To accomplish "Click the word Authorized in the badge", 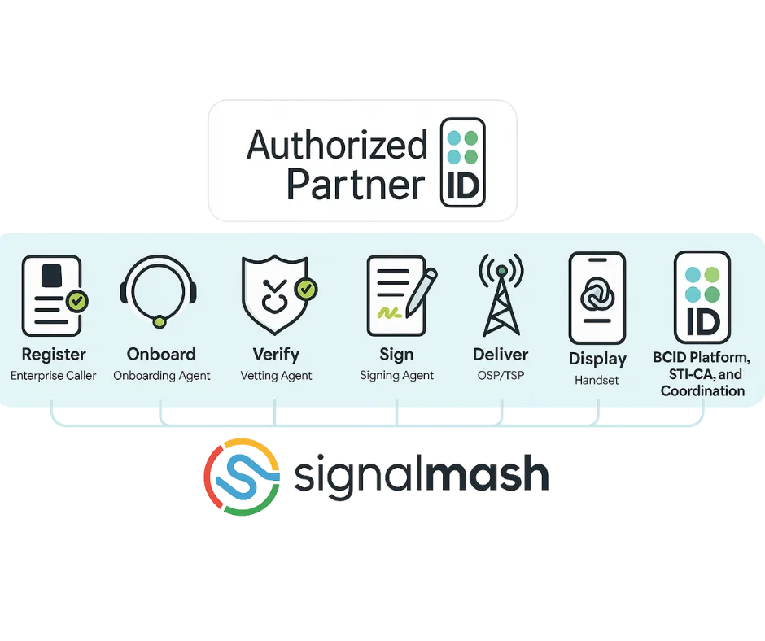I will tap(336, 146).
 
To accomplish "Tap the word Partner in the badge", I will tap(356, 184).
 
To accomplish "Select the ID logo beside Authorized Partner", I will tap(462, 164).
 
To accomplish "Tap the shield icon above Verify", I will tap(274, 294).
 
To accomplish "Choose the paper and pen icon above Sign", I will tap(398, 295).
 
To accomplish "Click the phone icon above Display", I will tap(597, 297).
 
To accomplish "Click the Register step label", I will tap(54, 355).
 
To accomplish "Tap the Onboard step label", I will tap(161, 355).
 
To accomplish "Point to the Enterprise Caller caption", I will tap(54, 376).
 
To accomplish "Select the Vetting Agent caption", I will tap(276, 376).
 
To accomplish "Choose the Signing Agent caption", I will tap(397, 376).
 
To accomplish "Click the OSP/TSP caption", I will tap(501, 376).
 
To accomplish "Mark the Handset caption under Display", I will tap(597, 380).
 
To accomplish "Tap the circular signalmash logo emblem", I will tap(242, 477).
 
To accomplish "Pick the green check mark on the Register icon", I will tap(77, 302).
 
